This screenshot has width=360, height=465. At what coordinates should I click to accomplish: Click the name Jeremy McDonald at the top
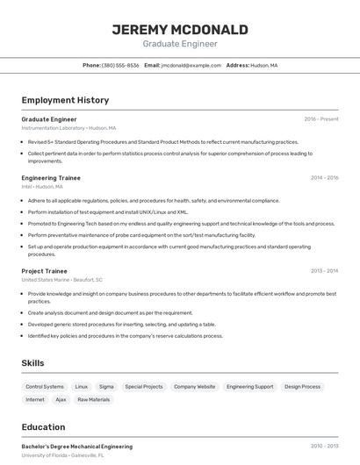click(180, 29)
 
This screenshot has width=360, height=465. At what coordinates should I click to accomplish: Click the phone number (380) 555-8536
click(120, 65)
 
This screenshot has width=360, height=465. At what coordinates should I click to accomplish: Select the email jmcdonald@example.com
click(191, 65)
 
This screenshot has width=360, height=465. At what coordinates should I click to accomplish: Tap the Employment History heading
click(65, 100)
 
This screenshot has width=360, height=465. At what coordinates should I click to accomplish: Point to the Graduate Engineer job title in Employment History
click(49, 119)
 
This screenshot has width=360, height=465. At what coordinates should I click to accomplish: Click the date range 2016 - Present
click(320, 119)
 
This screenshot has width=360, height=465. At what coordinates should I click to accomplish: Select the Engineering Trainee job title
click(51, 178)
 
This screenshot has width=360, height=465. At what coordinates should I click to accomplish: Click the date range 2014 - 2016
click(324, 178)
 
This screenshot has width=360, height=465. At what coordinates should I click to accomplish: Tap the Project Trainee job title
click(45, 271)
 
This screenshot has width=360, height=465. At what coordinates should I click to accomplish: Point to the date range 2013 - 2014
click(324, 271)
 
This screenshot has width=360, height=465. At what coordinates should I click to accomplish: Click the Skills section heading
click(32, 363)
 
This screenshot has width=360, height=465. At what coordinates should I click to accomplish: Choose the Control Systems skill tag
click(45, 386)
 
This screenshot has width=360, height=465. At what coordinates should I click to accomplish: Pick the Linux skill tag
click(82, 386)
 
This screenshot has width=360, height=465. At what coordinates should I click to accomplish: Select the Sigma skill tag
click(106, 386)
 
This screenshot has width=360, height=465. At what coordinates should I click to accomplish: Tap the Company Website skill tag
click(194, 386)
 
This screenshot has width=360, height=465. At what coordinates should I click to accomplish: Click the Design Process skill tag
click(302, 386)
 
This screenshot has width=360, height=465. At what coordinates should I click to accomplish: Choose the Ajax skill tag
click(61, 399)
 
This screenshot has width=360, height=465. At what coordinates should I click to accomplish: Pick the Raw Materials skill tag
click(94, 399)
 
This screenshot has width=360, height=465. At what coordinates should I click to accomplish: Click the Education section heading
click(44, 427)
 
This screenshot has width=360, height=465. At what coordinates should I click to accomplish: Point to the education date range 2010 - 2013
click(324, 447)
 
